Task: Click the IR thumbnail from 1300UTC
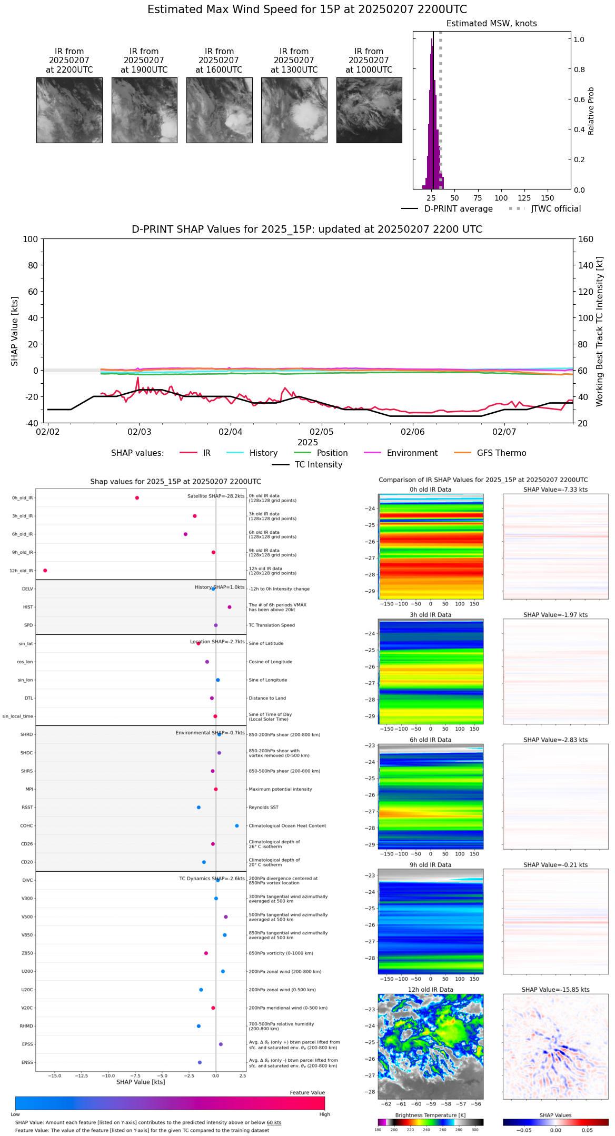point(294,110)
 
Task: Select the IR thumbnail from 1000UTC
point(369,110)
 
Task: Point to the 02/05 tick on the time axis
point(321,432)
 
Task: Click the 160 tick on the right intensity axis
point(586,239)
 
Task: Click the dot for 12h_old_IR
point(45,571)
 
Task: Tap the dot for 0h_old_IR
point(137,498)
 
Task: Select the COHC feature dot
point(237,825)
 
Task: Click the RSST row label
point(27,808)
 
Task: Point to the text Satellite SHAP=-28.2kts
point(216,496)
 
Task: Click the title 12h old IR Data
point(430,990)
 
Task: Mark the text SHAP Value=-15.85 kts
point(556,990)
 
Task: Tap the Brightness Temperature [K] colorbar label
point(430,1115)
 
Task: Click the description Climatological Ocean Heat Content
point(287,826)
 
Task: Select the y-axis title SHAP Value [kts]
point(15,331)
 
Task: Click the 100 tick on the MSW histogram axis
point(501,198)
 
